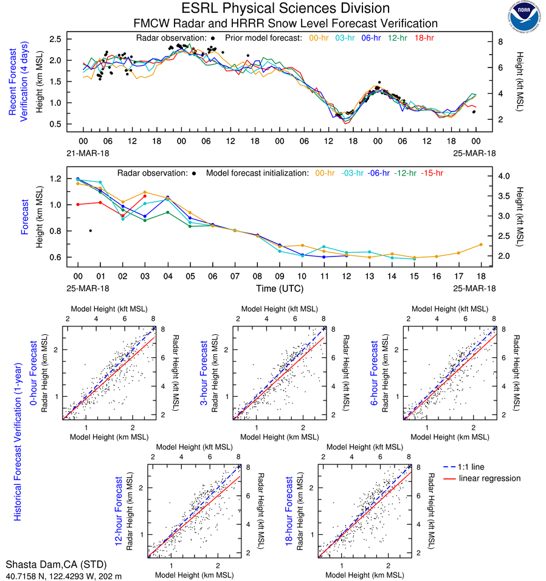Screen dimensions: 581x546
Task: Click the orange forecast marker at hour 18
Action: click(481, 245)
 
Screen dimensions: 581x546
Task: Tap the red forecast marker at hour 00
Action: click(78, 204)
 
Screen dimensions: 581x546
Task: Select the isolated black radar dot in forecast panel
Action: click(91, 230)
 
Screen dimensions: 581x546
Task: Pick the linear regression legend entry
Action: click(489, 478)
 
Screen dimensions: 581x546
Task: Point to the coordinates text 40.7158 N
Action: click(26, 575)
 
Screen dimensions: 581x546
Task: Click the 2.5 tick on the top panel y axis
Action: click(54, 39)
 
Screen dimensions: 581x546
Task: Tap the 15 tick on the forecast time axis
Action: click(414, 275)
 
